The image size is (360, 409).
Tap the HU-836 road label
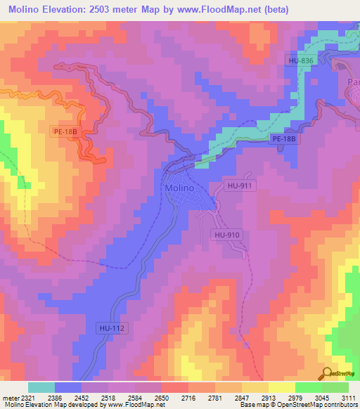pos(300,61)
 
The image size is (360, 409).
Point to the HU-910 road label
pos(228,235)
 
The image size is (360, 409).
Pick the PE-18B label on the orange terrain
pos(67,131)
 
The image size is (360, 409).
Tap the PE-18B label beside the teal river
pos(285,139)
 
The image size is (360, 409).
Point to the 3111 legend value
pos(347,397)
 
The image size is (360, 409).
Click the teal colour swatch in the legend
pos(41,387)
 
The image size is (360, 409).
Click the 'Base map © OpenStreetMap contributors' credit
pos(295,405)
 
